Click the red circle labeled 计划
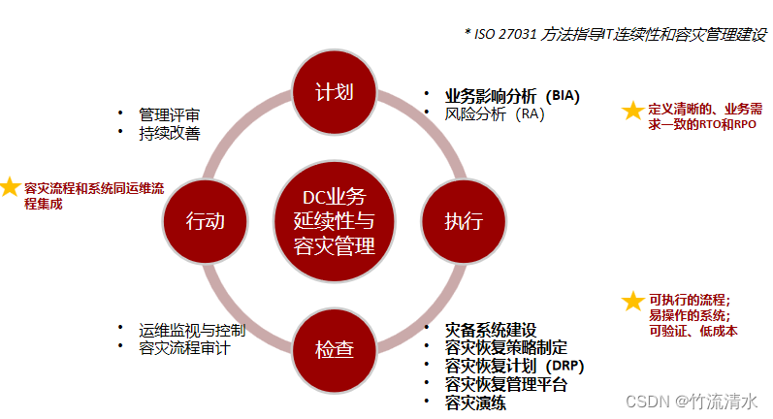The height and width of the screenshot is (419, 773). [334, 93]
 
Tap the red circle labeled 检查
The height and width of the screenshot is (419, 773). [334, 350]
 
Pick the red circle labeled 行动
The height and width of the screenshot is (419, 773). [205, 221]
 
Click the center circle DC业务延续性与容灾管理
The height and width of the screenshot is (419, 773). [334, 221]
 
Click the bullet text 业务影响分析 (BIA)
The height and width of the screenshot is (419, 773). [511, 96]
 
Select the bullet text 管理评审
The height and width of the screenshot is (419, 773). [169, 114]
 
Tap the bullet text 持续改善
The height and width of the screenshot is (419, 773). [169, 132]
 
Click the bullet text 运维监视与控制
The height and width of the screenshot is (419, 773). [191, 330]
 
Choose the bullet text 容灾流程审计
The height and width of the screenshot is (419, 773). [183, 347]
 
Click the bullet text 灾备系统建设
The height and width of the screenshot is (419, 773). [490, 331]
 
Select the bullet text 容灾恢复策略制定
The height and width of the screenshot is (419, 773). [505, 348]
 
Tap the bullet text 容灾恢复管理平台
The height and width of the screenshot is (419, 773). [505, 384]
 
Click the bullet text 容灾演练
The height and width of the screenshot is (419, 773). [474, 403]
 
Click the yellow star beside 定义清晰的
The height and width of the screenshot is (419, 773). [632, 111]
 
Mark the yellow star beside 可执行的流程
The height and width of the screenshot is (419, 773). [632, 301]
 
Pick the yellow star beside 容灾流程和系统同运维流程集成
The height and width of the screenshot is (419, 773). [10, 185]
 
